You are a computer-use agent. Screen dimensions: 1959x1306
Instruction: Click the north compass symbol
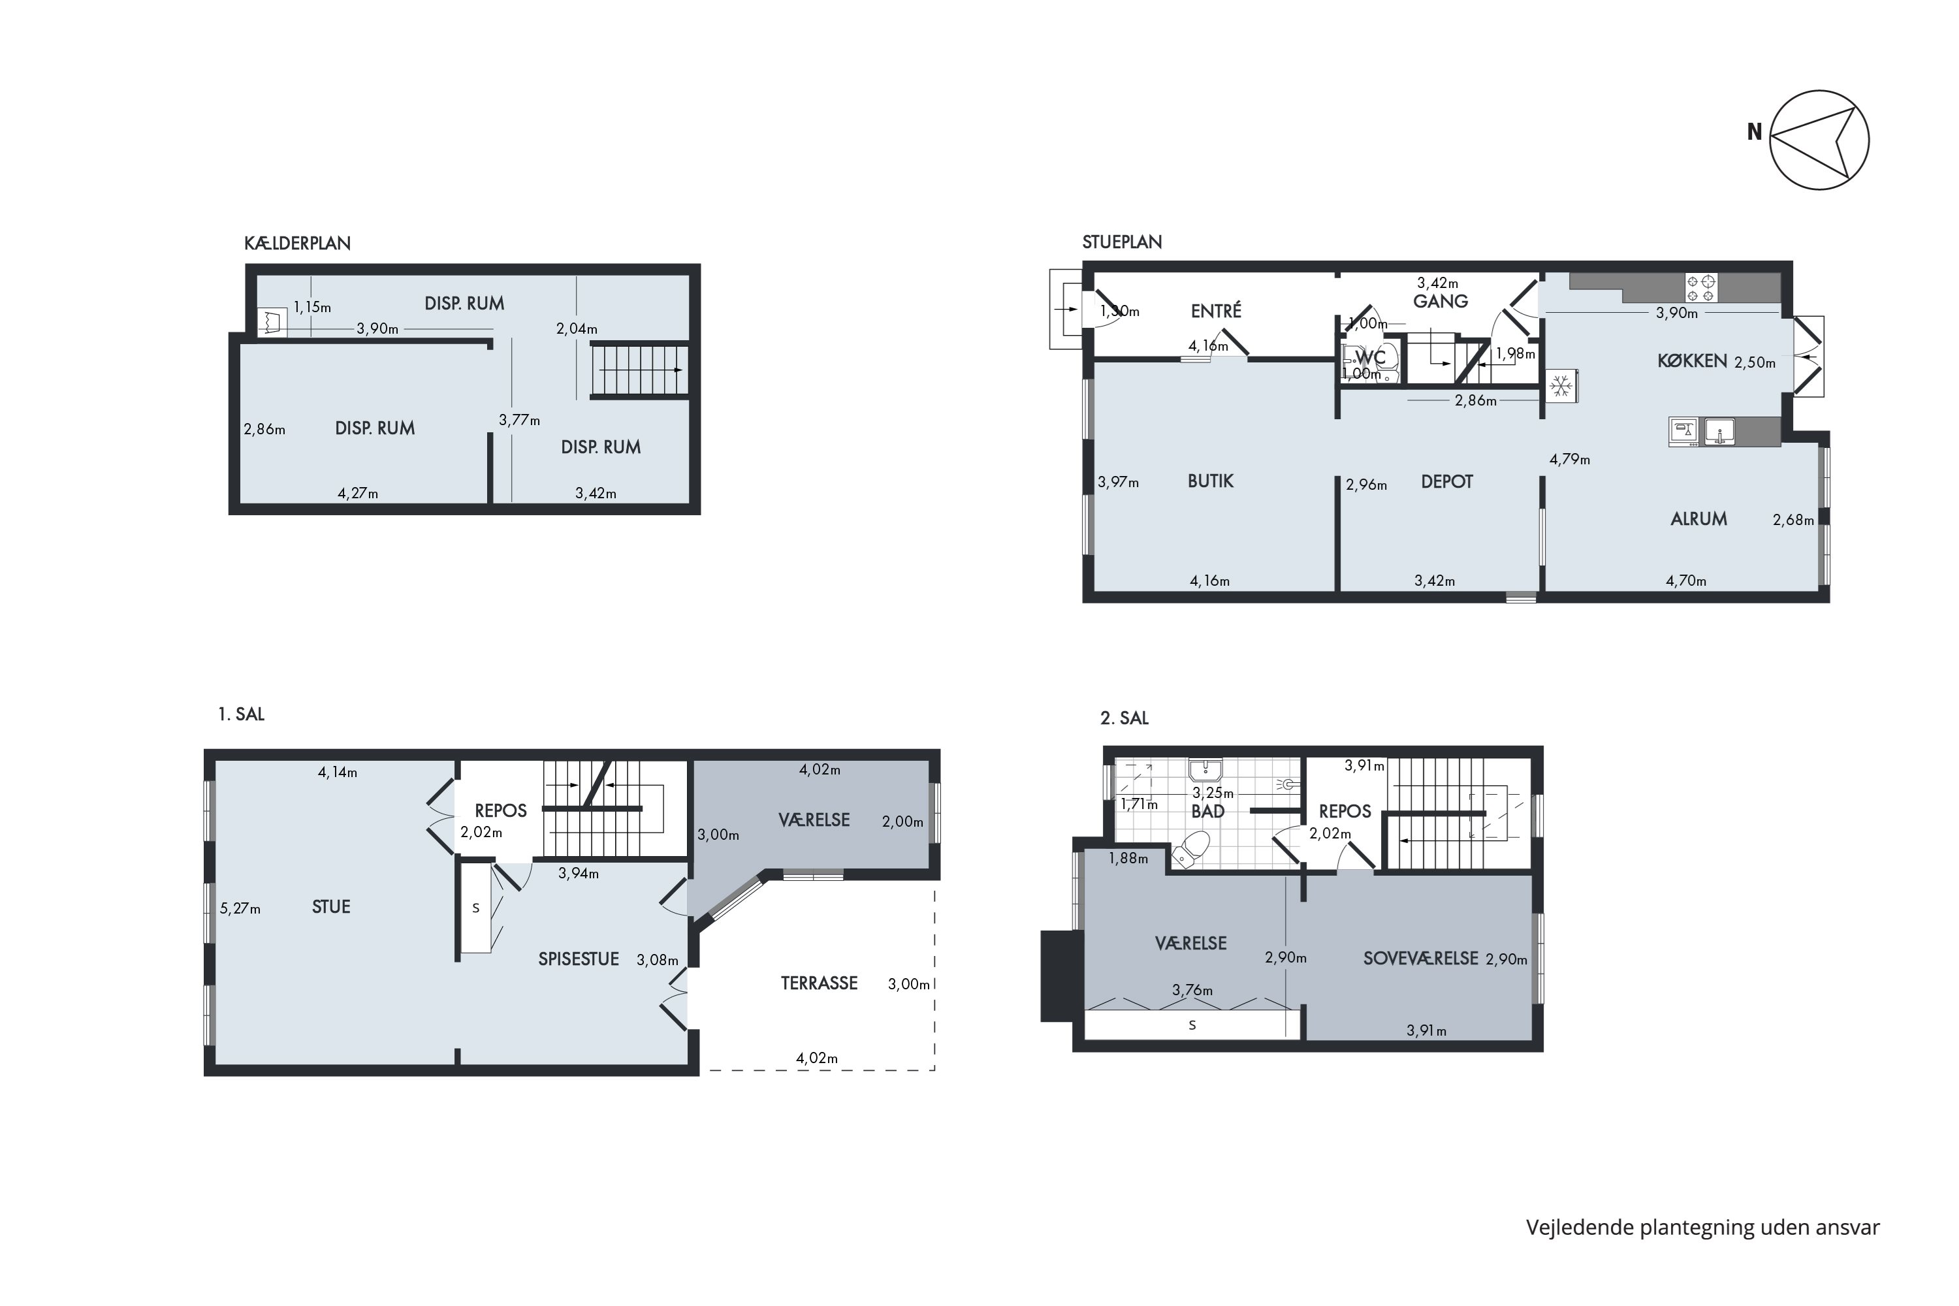pyautogui.click(x=1819, y=140)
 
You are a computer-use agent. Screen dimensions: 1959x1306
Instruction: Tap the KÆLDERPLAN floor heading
pyautogui.click(x=297, y=243)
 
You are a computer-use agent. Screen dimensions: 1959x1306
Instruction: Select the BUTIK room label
pyautogui.click(x=1210, y=481)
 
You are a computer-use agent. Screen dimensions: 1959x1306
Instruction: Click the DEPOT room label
pyautogui.click(x=1447, y=481)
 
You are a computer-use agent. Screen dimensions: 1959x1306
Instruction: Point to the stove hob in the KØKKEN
pyautogui.click(x=1700, y=288)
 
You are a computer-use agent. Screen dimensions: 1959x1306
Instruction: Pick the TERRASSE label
pyautogui.click(x=819, y=983)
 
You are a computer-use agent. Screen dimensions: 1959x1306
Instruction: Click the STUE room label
pyautogui.click(x=330, y=907)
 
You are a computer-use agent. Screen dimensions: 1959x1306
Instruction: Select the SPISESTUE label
pyautogui.click(x=578, y=959)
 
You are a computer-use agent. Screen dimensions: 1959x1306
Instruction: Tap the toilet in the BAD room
pyautogui.click(x=1190, y=847)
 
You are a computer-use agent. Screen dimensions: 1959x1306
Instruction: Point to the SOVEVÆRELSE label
pyautogui.click(x=1420, y=959)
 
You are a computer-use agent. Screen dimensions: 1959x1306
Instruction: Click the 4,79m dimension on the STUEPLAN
pyautogui.click(x=1569, y=459)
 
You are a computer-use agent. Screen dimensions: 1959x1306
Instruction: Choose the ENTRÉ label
pyautogui.click(x=1216, y=311)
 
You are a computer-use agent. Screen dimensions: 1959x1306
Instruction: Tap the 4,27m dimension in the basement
pyautogui.click(x=357, y=493)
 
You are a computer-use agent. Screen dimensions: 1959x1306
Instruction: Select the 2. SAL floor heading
pyautogui.click(x=1124, y=718)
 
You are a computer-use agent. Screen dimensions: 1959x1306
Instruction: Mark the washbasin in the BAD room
pyautogui.click(x=1205, y=770)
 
